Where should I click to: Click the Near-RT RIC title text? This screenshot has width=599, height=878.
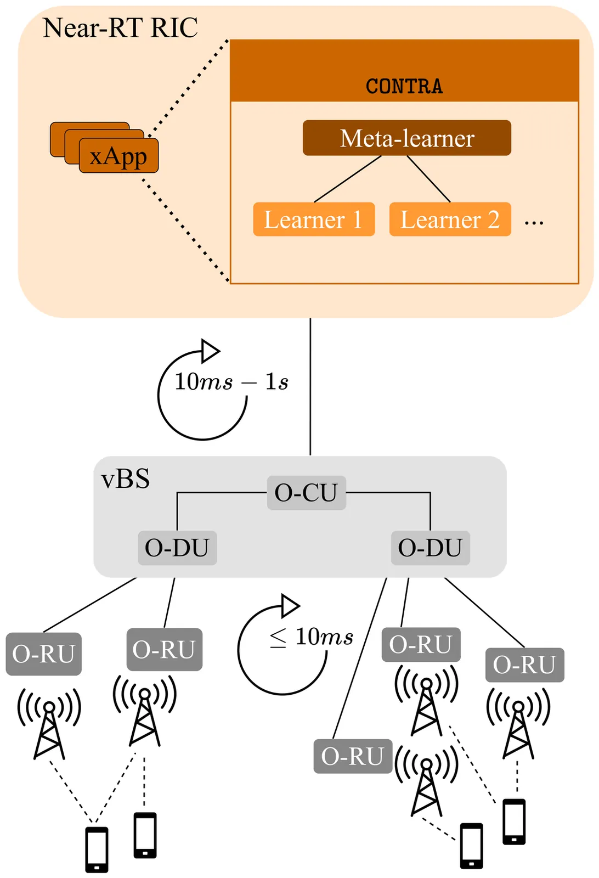pos(120,27)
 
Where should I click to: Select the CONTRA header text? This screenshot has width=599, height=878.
pos(404,86)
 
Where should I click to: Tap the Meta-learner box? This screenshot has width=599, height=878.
pos(406,138)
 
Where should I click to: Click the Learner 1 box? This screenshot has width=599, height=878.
pos(314,219)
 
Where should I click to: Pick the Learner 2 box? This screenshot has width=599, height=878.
pos(450,219)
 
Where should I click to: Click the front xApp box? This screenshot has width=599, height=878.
pos(118,156)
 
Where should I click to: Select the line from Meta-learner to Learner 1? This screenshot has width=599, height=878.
pos(348,179)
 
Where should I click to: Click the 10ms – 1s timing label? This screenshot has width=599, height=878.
pos(231,382)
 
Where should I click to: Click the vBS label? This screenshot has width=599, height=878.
pos(126,479)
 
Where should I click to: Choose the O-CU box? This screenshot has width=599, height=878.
pos(306,493)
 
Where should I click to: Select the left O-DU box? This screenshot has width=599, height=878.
pos(177,548)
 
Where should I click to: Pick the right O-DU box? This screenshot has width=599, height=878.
pos(430,548)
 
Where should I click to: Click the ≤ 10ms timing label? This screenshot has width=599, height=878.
pos(311,637)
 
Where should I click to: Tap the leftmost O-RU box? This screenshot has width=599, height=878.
pos(44,654)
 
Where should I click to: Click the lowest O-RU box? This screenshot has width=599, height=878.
pos(352,756)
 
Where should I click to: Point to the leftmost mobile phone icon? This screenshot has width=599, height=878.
pos(97,849)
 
